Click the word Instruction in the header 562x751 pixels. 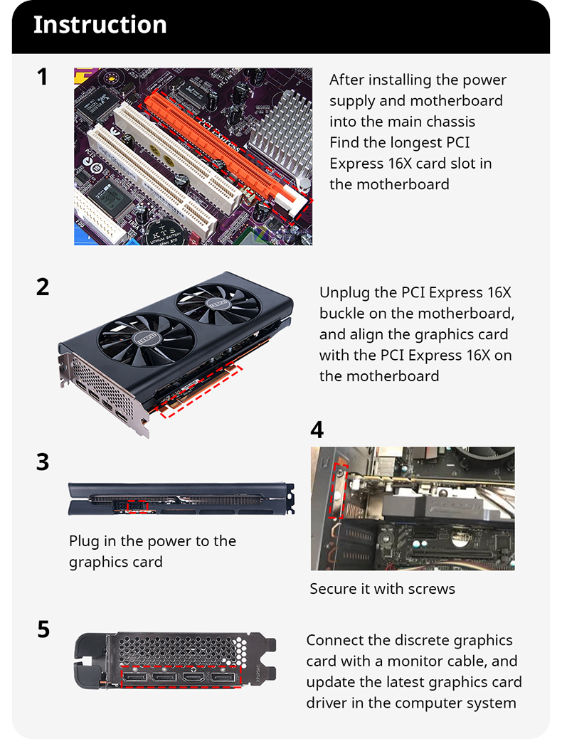(100, 25)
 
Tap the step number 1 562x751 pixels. (43, 77)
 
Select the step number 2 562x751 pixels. (43, 287)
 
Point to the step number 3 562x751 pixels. (43, 462)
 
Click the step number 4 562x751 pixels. (317, 430)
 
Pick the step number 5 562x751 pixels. (43, 629)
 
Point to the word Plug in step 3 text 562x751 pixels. (84, 541)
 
